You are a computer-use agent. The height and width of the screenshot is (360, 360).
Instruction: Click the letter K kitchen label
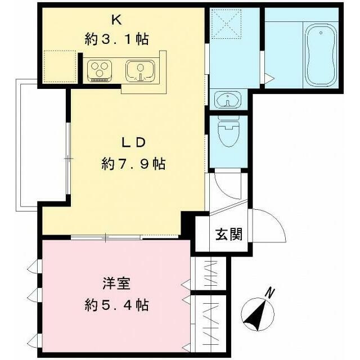click(117, 20)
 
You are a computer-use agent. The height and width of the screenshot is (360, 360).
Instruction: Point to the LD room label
click(133, 142)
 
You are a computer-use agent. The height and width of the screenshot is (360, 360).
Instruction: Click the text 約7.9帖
click(133, 164)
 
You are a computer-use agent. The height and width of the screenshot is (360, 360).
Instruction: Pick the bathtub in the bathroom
click(319, 49)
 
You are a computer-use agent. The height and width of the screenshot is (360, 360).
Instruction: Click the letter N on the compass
click(271, 292)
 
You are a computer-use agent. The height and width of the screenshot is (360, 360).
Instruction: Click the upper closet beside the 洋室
click(209, 274)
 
